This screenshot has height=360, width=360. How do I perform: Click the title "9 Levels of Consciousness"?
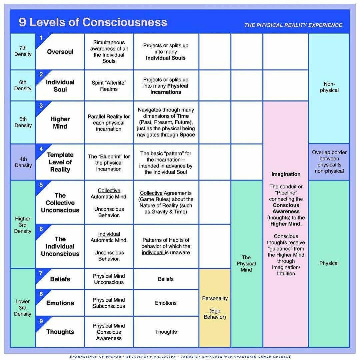pos(93,22)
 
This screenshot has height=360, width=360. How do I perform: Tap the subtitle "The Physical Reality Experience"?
pos(293,25)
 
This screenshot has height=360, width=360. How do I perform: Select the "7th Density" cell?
pos(23,51)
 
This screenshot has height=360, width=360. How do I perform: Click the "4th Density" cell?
pos(23,162)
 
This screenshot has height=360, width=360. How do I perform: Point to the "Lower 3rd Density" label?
pos(23,308)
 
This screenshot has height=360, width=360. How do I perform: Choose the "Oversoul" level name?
pos(60,52)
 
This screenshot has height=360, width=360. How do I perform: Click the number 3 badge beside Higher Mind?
pos(41,106)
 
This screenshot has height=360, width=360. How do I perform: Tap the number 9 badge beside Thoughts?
pos(41,321)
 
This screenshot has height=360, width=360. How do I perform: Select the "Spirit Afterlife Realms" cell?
pos(109,86)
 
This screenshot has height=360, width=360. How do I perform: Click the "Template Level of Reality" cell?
pos(60,162)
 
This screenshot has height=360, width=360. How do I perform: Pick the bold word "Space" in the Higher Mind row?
pos(187,135)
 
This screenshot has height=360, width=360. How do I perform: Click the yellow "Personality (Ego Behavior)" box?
pos(215,308)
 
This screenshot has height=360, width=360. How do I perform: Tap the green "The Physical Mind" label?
pos(246,263)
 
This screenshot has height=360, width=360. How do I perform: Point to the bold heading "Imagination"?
pos(286,174)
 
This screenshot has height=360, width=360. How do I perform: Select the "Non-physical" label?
pos(329,87)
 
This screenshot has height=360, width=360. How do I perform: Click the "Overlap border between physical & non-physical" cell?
pos(329,162)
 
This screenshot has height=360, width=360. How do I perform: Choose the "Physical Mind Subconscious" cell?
pos(109,303)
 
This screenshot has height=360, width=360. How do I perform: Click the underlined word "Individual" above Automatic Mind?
pos(109,234)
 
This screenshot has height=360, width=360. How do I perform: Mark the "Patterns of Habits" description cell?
pos(166,246)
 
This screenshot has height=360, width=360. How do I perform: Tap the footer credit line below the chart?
pos(180,357)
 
